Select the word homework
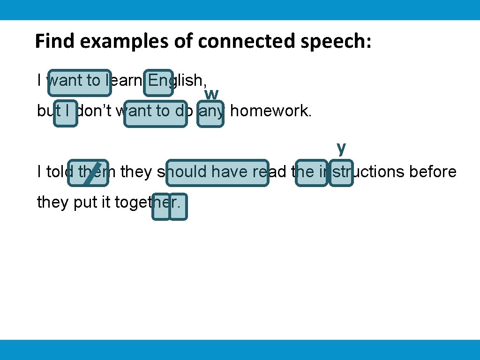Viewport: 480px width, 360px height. coord(270,111)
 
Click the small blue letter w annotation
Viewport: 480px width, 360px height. coord(211,94)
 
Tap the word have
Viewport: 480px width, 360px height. coord(230,172)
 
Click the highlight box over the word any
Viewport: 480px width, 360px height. coord(210,113)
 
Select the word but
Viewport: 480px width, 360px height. coord(49,111)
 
